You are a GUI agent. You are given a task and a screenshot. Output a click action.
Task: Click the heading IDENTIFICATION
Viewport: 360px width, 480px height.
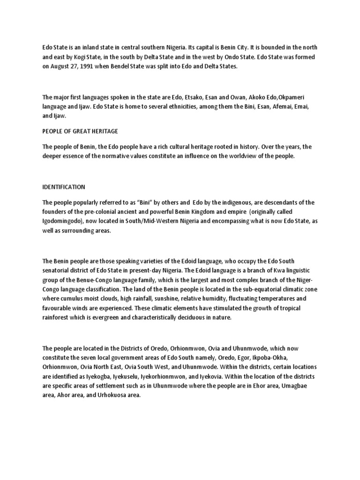pos(64,187)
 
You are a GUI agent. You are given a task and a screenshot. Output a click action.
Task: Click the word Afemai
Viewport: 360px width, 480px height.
pos(276,106)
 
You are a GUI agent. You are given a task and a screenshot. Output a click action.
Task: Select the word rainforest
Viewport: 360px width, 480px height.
pos(58,318)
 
